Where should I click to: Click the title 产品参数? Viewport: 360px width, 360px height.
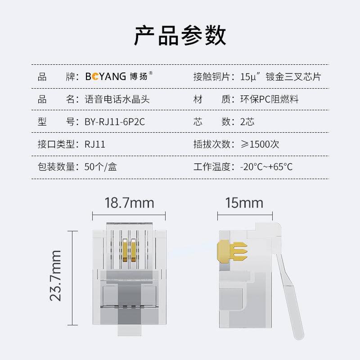[180, 36]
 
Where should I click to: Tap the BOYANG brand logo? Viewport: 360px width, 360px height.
[119, 76]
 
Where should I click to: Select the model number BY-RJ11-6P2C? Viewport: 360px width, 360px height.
[115, 121]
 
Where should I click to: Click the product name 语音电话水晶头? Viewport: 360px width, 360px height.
[117, 99]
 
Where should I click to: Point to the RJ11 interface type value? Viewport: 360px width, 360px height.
[95, 144]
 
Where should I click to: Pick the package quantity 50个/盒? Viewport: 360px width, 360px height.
[100, 167]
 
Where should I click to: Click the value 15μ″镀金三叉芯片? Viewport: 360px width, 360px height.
[280, 76]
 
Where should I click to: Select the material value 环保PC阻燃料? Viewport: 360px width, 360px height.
[269, 99]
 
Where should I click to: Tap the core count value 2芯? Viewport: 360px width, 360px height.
[247, 121]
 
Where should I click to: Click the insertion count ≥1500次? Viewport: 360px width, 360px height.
[260, 144]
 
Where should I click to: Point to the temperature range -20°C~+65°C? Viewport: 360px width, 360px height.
[266, 167]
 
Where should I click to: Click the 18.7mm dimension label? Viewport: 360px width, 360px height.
[129, 203]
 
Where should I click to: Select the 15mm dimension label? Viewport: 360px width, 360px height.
[244, 203]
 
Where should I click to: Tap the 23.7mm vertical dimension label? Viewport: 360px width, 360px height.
[55, 275]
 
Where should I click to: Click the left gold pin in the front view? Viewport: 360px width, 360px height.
[125, 250]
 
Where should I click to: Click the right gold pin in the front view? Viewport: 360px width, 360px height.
[133, 250]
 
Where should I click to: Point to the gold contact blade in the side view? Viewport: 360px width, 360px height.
[232, 252]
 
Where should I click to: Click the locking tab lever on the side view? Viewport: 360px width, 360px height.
[290, 296]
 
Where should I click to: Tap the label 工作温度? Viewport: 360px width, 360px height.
[212, 167]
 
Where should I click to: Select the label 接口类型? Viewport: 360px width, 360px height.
[56, 144]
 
